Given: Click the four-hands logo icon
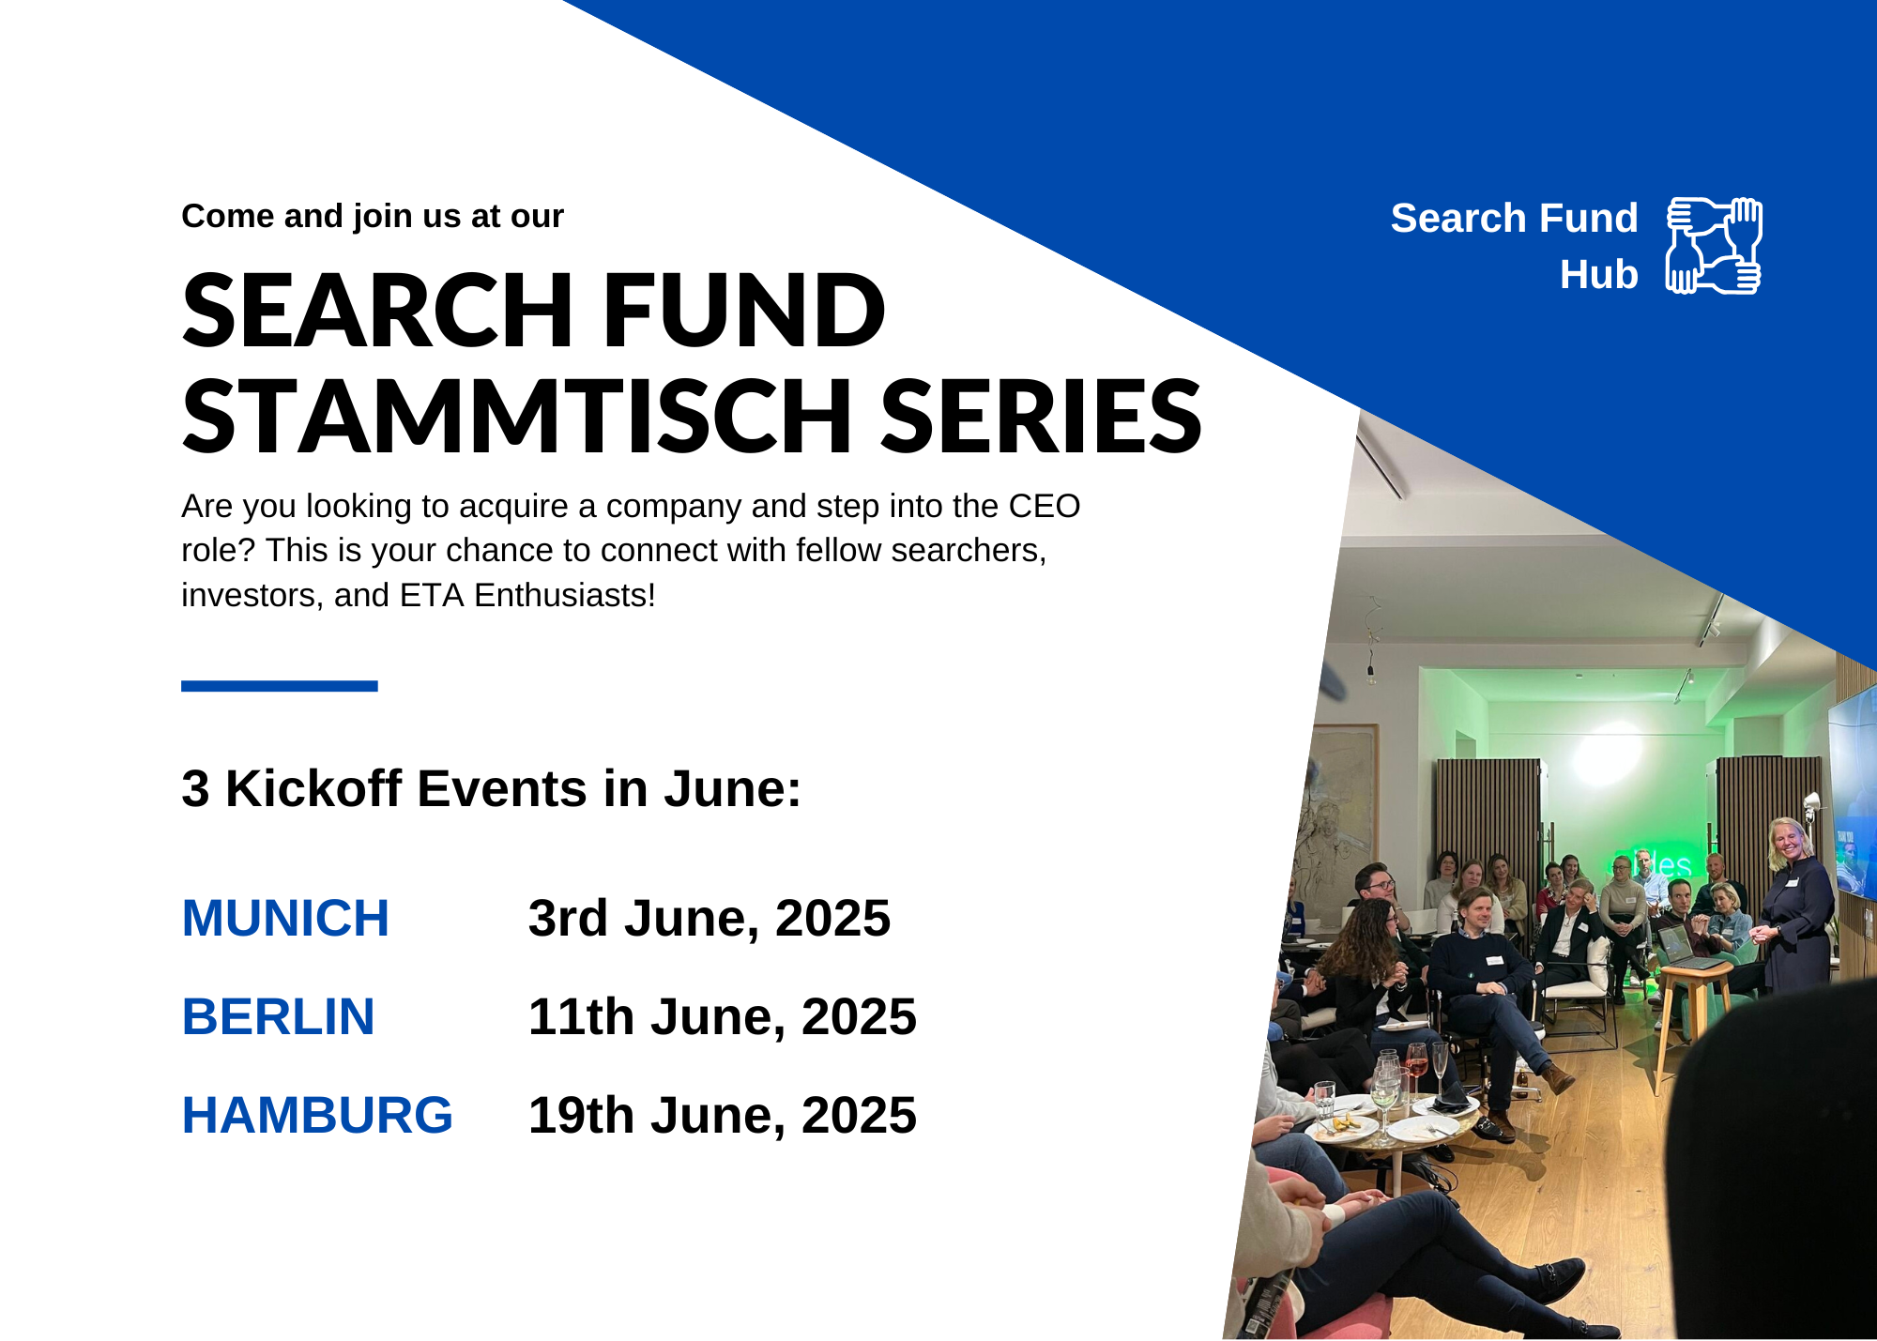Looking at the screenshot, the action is click(x=1714, y=246).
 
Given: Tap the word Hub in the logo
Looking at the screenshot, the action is click(x=1598, y=275).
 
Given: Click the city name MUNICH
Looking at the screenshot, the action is click(x=285, y=918).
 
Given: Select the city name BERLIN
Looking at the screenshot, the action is click(x=278, y=1016).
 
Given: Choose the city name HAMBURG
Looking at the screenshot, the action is click(x=317, y=1115).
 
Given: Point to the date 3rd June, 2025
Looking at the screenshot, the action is click(x=709, y=919).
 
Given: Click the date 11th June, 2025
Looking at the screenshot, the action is click(x=722, y=1017).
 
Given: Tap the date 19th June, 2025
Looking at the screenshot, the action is click(x=722, y=1116).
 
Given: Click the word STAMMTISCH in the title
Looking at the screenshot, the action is click(x=517, y=416).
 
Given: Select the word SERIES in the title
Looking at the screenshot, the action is click(x=1041, y=416).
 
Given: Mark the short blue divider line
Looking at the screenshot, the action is click(x=280, y=686).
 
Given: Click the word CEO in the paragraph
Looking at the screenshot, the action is click(x=1045, y=506).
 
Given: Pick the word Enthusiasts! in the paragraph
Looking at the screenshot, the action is click(x=565, y=595).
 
